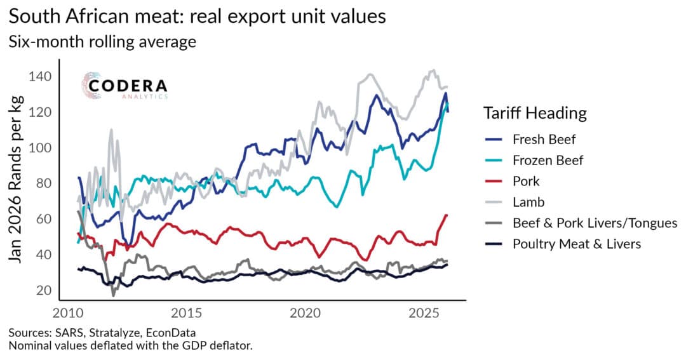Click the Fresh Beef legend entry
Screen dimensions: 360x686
click(539, 139)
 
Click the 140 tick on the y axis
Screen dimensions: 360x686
click(39, 77)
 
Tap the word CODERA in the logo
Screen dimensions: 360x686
click(128, 86)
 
